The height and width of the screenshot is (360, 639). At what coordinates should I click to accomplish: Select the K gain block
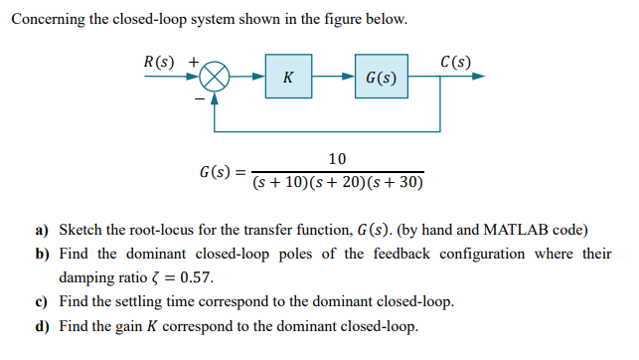coord(287,77)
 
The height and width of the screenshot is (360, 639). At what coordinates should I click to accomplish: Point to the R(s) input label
coord(158,62)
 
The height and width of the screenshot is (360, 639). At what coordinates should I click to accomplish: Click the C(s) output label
coord(454,62)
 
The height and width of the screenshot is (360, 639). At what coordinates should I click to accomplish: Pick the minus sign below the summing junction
coord(199,97)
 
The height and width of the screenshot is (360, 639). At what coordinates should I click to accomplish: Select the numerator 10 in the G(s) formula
coord(337,159)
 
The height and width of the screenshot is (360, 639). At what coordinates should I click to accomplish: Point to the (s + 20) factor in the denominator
coord(338,183)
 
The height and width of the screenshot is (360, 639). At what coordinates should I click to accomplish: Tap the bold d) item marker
coord(43,325)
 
